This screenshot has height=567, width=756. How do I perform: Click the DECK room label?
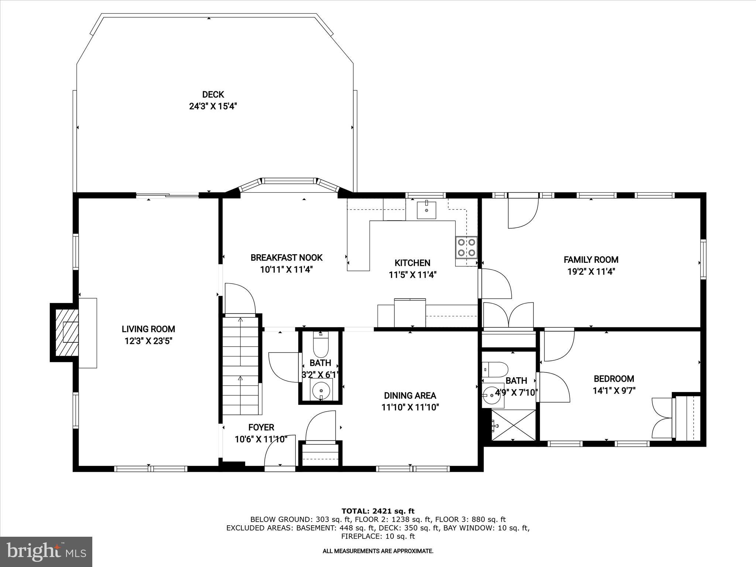click(x=213, y=94)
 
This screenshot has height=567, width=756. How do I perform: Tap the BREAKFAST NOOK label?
click(x=286, y=257)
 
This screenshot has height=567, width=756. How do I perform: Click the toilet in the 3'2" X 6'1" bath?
click(x=320, y=345)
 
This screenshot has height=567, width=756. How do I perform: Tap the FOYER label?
click(x=261, y=427)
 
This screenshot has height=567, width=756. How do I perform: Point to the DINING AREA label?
click(x=410, y=395)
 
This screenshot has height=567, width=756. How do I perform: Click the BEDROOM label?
click(x=614, y=378)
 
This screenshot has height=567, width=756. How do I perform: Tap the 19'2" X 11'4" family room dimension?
click(x=591, y=272)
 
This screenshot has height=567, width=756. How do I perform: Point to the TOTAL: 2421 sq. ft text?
click(x=378, y=511)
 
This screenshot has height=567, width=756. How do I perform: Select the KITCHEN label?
click(x=412, y=263)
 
